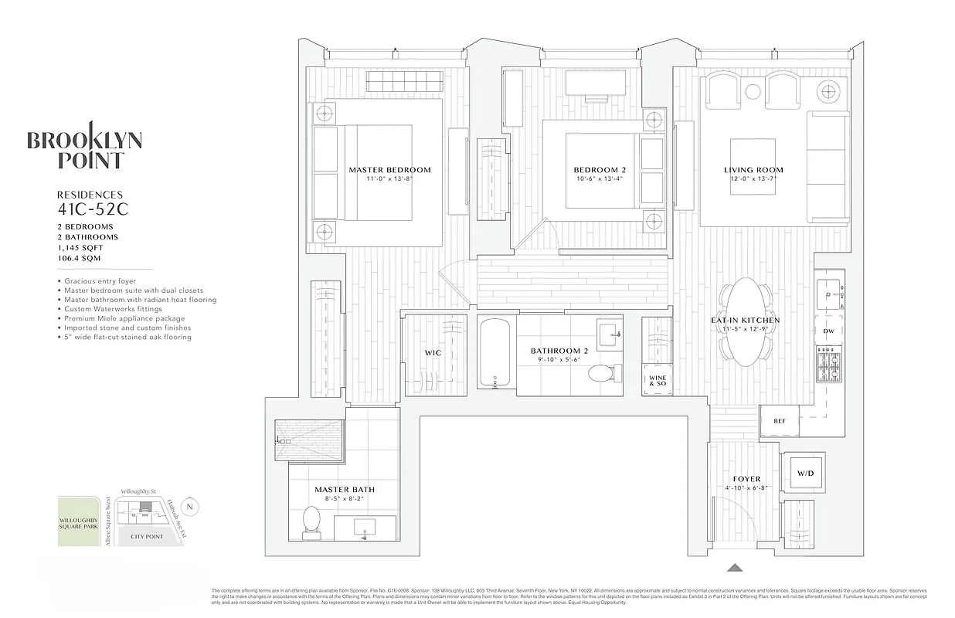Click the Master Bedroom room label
389,170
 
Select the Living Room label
753,170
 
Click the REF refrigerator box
779,421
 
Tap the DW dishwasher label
828,331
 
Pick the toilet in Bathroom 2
600,375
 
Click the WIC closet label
433,353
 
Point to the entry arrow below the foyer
736,567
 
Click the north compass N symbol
192,507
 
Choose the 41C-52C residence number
90,209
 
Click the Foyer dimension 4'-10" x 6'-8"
746,489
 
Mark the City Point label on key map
147,536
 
